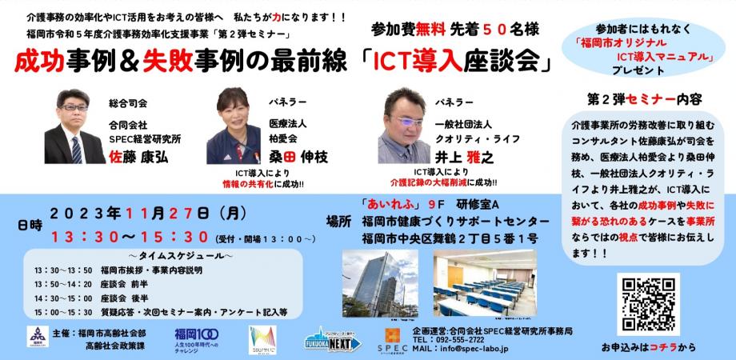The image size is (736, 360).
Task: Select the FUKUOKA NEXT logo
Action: pyautogui.click(x=330, y=339)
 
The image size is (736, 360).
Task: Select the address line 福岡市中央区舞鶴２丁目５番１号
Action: pyautogui.click(x=449, y=238)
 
